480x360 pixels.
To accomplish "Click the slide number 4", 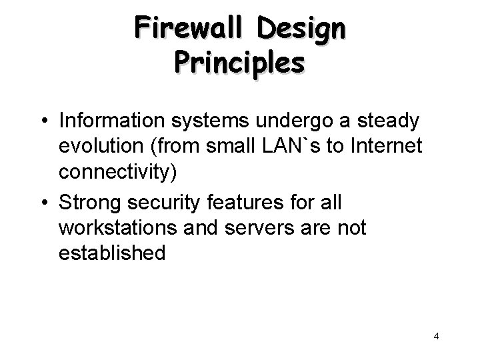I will coord(436,336).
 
